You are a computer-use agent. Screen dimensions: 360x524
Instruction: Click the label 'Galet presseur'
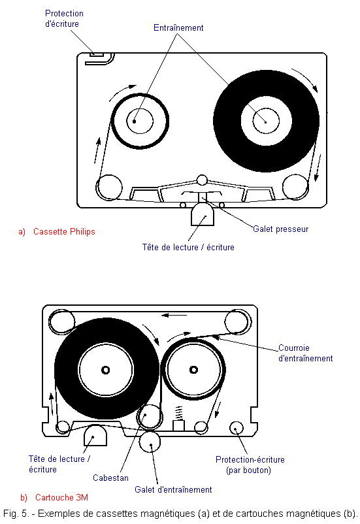point(280,229)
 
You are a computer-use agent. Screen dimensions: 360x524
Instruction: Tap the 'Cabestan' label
point(110,478)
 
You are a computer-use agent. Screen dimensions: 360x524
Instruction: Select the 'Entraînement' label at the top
point(178,27)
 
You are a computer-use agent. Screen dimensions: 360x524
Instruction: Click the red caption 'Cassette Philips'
point(64,231)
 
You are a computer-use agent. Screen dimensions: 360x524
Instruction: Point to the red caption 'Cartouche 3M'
point(62,498)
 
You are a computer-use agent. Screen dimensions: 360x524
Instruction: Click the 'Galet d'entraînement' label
point(173,489)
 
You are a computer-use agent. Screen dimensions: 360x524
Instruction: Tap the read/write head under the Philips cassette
point(203,214)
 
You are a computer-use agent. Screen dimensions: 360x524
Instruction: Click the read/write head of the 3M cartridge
point(95,435)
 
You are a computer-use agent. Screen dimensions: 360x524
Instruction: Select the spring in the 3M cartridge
point(179,413)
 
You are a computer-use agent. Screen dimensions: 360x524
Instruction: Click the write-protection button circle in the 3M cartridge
point(237,428)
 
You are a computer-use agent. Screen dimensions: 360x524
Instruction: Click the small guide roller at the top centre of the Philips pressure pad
point(202,180)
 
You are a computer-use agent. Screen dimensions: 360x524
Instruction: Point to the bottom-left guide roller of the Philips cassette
point(109,188)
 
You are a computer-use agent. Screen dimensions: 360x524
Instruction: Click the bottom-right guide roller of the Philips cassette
point(295,187)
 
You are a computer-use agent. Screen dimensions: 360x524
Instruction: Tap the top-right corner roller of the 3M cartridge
point(238,321)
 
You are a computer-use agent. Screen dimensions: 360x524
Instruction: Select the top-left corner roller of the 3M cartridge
point(61,321)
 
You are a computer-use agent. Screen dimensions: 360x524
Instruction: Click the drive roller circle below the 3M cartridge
point(150,442)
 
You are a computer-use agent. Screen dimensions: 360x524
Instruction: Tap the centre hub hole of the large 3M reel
point(106,370)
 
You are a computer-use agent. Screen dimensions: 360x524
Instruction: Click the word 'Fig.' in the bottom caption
point(10,514)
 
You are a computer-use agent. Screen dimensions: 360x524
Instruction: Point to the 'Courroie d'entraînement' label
point(306,353)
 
